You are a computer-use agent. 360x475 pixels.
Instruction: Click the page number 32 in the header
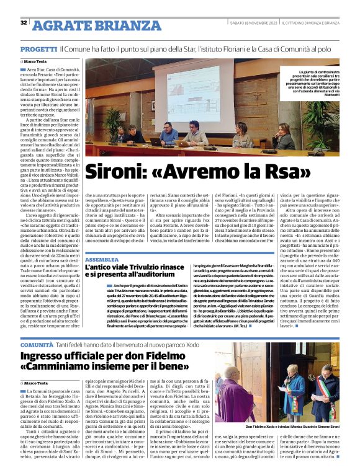coord(23,23)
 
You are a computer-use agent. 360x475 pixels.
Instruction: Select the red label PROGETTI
coord(38,48)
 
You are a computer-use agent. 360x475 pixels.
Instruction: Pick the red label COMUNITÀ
coord(37,344)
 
